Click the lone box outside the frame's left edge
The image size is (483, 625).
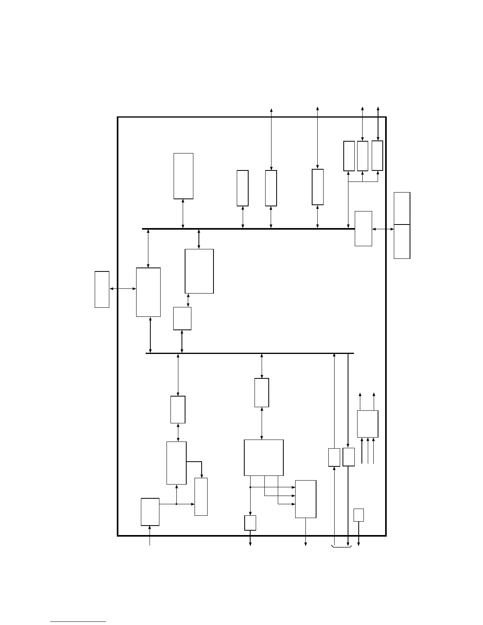(102, 289)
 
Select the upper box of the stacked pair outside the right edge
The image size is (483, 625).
(402, 208)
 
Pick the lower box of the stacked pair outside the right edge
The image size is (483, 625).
(402, 241)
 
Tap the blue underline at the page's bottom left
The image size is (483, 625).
(78, 622)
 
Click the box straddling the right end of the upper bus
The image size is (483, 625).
(363, 228)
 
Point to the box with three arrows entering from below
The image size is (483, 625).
(367, 424)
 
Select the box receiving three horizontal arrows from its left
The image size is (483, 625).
(305, 499)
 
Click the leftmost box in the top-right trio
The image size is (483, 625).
(349, 156)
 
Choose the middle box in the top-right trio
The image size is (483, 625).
(362, 156)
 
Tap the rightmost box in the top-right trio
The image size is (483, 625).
(377, 155)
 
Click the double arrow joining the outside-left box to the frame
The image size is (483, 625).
(123, 289)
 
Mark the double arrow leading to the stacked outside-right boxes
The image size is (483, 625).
(383, 229)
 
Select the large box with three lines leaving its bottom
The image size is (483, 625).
(264, 458)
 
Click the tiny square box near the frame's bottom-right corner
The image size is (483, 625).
(358, 515)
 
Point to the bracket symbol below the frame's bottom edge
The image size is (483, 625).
(341, 547)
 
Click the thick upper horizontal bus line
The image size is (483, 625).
(249, 228)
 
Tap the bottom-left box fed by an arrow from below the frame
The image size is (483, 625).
(150, 512)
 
